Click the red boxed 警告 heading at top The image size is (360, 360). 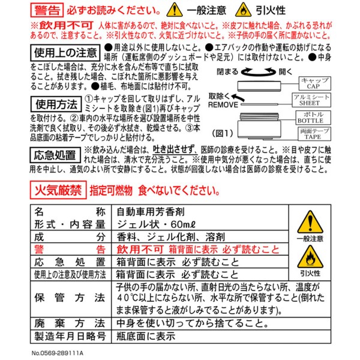pyautogui.click(x=47, y=10)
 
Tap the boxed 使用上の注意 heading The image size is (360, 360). pyautogui.click(x=65, y=53)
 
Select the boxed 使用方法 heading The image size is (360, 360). pyautogui.click(x=56, y=104)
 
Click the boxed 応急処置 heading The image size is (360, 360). pyautogui.click(x=55, y=155)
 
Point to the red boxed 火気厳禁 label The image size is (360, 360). pyautogui.click(x=58, y=190)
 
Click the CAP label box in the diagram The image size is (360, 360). pyautogui.click(x=315, y=83)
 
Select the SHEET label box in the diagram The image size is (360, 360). pyautogui.click(x=311, y=100)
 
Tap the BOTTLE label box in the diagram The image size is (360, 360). pyautogui.click(x=313, y=118)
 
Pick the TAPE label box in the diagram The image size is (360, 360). pyautogui.click(x=314, y=134)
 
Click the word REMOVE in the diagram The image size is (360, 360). pyautogui.click(x=223, y=105)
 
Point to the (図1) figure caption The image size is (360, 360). pyautogui.click(x=223, y=133)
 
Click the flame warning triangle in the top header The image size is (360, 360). pyautogui.click(x=244, y=10)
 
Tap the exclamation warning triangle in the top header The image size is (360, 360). pyautogui.click(x=175, y=10)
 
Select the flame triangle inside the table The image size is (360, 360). pyautogui.click(x=310, y=257)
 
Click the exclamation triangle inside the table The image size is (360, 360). pyautogui.click(x=310, y=222)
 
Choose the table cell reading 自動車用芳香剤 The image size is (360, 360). pyautogui.click(x=151, y=212)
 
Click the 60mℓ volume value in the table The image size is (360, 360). pyautogui.click(x=183, y=224)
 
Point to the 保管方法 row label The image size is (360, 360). pyautogui.click(x=70, y=298)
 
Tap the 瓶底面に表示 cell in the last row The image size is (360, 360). pyautogui.click(x=146, y=337)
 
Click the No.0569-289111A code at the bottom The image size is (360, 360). pyautogui.click(x=58, y=353)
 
